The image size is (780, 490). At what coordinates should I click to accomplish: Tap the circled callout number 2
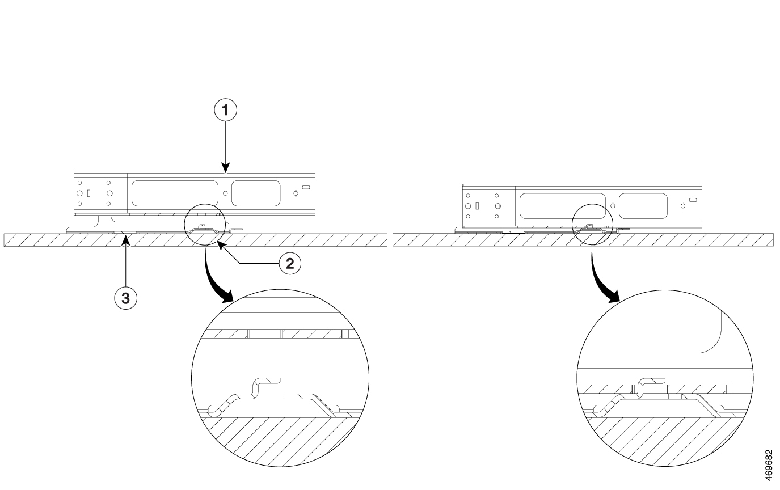[x=289, y=263]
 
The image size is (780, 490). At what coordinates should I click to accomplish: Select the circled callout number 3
[x=126, y=299]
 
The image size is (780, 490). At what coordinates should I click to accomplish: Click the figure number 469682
[x=769, y=465]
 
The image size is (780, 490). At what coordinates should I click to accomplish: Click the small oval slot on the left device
[x=306, y=188]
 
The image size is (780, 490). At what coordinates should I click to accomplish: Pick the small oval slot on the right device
[x=693, y=200]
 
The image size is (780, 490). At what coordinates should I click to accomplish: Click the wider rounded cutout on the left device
[x=175, y=193]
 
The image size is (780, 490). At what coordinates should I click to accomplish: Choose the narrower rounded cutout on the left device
[x=256, y=193]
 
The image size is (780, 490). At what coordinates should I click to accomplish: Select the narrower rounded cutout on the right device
[x=643, y=206]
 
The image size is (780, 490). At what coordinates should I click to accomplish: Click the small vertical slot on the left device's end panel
[x=88, y=193]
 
